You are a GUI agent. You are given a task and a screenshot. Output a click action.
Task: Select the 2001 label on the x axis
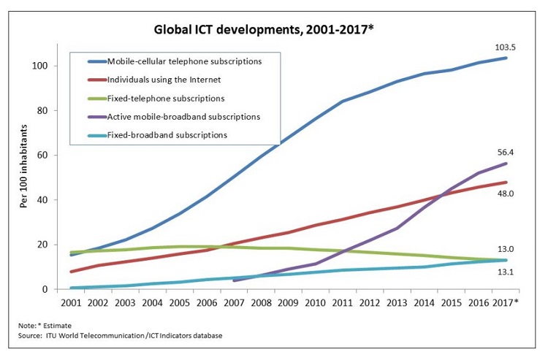70,302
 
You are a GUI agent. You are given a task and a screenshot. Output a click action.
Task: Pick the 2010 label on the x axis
314,302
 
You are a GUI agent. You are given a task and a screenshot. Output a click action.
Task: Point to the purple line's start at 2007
233,280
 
